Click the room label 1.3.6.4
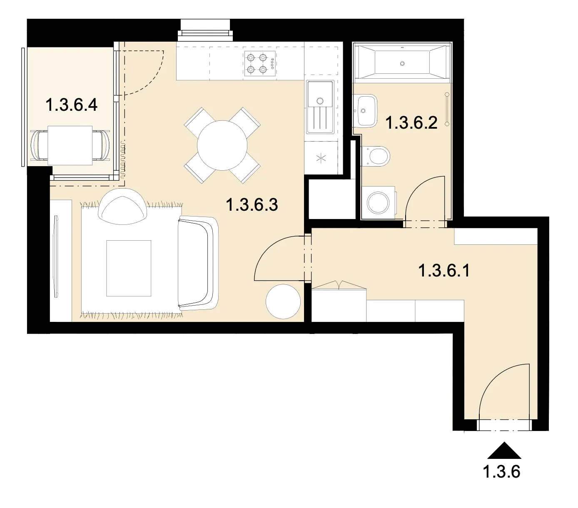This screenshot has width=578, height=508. tap(71, 105)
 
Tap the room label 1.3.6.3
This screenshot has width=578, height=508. tap(252, 205)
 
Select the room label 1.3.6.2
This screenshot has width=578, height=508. tap(411, 123)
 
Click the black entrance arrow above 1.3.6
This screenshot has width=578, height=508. tap(504, 451)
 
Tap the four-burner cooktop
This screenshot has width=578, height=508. tap(259, 64)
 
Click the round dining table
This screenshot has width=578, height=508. tap(222, 145)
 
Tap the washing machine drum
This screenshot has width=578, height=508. tap(378, 203)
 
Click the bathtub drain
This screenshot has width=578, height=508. tap(402, 64)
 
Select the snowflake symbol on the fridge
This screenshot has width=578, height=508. tap(321, 158)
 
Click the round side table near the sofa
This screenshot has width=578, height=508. tap(283, 301)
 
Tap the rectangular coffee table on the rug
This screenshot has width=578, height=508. tap(129, 268)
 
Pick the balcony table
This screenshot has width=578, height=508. tap(70, 145)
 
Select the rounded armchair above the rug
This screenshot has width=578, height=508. tap(122, 207)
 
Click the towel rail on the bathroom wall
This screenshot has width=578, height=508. tap(447, 109)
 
